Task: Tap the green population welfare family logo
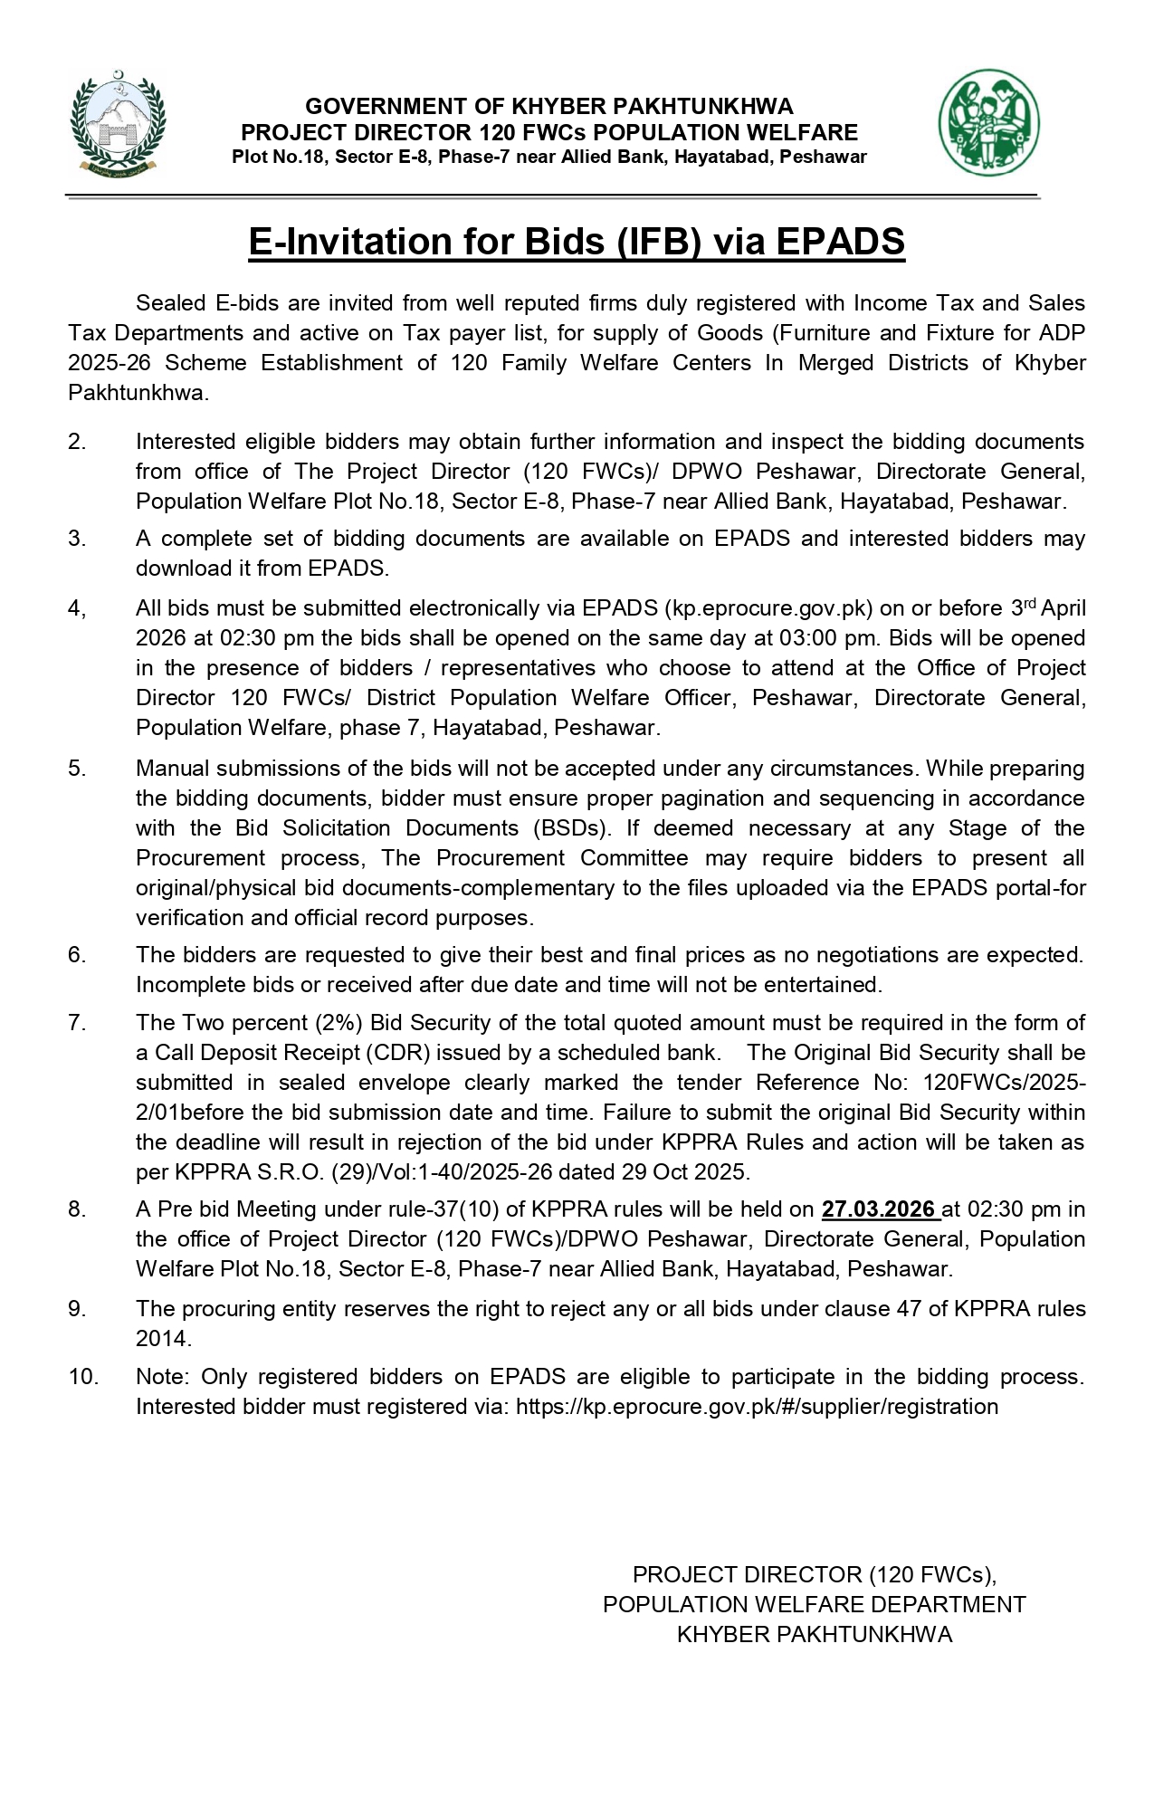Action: point(988,123)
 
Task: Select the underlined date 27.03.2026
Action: point(880,1209)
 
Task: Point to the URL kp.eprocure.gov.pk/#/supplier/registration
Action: point(757,1406)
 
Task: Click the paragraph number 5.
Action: point(77,769)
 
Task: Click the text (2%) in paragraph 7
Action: point(339,1023)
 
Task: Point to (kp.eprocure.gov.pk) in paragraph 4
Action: point(769,608)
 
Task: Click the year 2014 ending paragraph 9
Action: point(163,1338)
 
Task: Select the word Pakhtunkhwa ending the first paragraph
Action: point(138,393)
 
